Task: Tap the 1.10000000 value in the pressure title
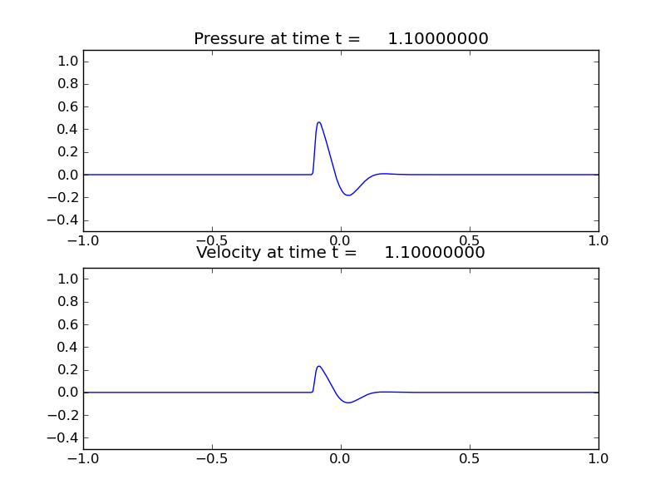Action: (437, 39)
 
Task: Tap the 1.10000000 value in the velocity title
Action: (434, 253)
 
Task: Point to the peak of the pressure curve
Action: (318, 122)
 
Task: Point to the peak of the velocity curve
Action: (318, 366)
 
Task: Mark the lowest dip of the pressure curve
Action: (348, 195)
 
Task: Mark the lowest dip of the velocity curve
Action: (348, 403)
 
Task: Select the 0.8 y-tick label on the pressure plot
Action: (68, 84)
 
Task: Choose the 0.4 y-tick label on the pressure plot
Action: (68, 129)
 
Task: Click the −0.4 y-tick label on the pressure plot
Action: (65, 220)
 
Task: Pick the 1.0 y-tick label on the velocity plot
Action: (68, 279)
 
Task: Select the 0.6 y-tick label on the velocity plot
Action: (68, 324)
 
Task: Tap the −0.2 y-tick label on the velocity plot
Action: (65, 415)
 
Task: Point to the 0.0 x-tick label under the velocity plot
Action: (341, 457)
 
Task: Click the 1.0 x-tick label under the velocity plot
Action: (598, 457)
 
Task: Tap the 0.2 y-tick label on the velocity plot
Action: (68, 369)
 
